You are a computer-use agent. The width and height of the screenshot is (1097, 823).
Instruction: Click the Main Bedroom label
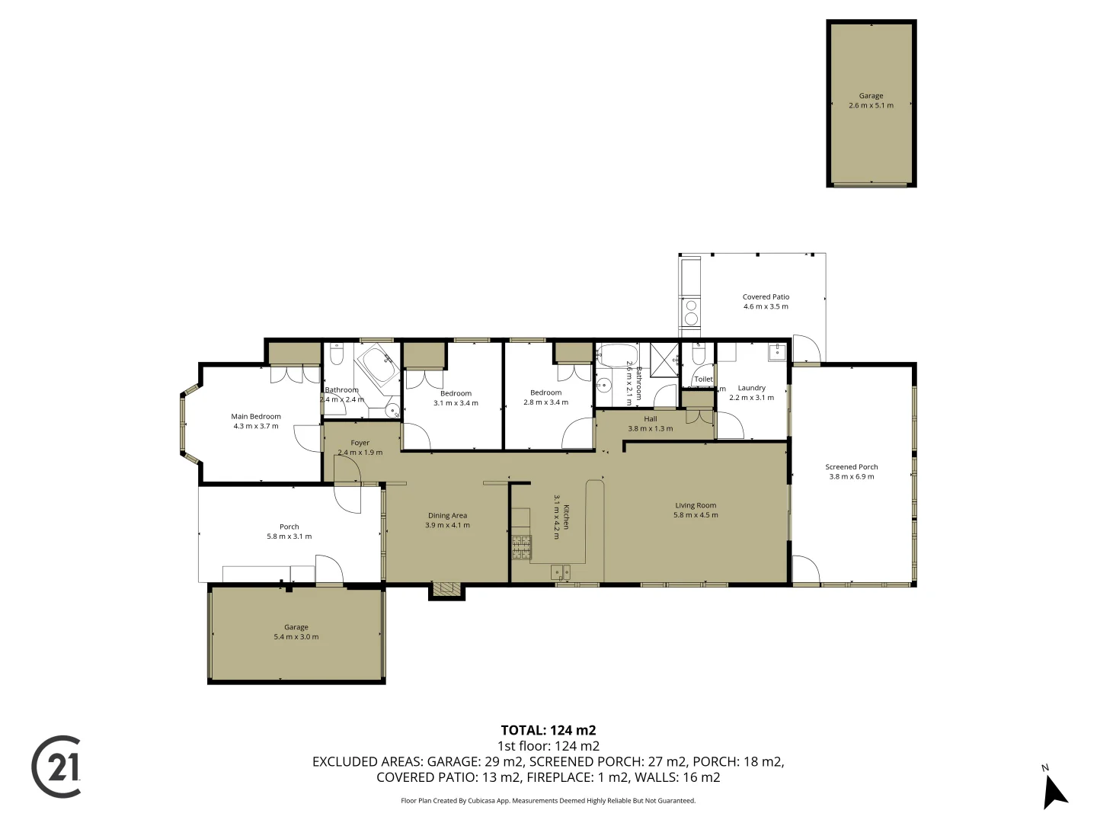coord(256,417)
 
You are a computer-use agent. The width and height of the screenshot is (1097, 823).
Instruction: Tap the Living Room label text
coord(696,505)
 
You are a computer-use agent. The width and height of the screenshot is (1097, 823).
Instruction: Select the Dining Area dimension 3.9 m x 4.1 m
coord(447,525)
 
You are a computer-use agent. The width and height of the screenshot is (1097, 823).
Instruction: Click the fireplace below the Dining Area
coord(446,589)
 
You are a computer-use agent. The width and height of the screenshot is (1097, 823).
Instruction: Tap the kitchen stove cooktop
coord(521,547)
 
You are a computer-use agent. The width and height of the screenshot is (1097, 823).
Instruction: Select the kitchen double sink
coord(561,571)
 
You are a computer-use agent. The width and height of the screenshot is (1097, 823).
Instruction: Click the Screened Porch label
coord(851,467)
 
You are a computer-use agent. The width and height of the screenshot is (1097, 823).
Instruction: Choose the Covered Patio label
coord(766,297)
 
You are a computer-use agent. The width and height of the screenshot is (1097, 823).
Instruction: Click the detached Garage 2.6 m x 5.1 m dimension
coord(871,106)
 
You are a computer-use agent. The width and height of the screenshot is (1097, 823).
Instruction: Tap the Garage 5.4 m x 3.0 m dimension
coord(296,637)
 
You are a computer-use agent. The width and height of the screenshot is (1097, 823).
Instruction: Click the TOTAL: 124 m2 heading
coord(548,730)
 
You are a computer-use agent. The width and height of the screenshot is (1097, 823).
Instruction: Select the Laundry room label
coord(751,388)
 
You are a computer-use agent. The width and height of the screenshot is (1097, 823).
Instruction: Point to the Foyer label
coord(360,443)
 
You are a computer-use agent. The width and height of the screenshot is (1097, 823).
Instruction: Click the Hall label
coord(650,419)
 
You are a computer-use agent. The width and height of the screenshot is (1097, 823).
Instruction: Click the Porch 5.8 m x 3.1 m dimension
coord(289,536)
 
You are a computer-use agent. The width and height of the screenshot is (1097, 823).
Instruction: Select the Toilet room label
coord(703,379)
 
